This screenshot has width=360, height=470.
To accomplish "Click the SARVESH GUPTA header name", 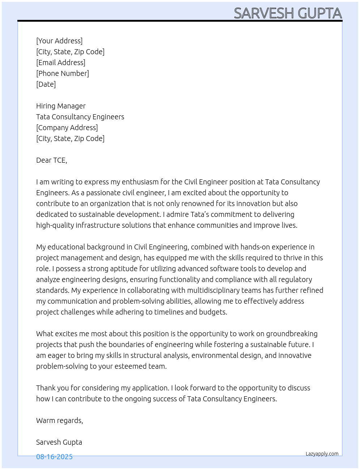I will pyautogui.click(x=288, y=13).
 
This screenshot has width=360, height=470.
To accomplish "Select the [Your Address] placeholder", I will pyautogui.click(x=59, y=41).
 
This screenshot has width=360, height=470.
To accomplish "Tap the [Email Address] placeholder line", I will pyautogui.click(x=61, y=63).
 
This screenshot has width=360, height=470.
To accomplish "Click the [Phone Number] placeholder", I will pyautogui.click(x=63, y=73).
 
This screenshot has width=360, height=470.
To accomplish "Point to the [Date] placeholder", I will pyautogui.click(x=46, y=84).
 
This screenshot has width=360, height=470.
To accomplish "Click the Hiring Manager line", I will pyautogui.click(x=61, y=106).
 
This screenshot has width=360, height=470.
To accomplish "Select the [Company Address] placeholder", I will pyautogui.click(x=67, y=128).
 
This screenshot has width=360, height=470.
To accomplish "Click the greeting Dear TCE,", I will pyautogui.click(x=52, y=160).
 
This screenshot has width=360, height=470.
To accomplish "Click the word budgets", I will pyautogui.click(x=213, y=312).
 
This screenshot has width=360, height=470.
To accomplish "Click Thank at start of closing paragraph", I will pyautogui.click(x=46, y=388).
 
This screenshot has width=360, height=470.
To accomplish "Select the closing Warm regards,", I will pyautogui.click(x=60, y=420).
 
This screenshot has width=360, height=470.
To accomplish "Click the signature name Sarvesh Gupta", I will pyautogui.click(x=59, y=442).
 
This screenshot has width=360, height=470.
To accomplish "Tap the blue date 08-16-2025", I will pyautogui.click(x=54, y=457).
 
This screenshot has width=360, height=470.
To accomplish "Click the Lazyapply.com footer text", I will pyautogui.click(x=322, y=454).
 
